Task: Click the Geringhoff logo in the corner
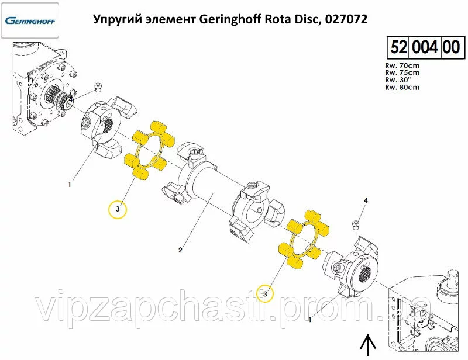click(x=30, y=20)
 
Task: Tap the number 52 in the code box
click(x=399, y=47)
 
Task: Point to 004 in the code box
click(x=425, y=47)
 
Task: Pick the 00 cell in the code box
click(x=451, y=47)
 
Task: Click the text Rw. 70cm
click(x=402, y=65)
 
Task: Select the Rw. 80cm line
click(x=402, y=88)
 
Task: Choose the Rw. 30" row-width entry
click(x=398, y=80)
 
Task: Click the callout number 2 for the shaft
click(x=180, y=250)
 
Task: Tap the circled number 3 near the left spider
click(x=118, y=209)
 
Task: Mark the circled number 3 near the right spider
click(x=265, y=294)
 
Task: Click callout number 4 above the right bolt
click(x=366, y=200)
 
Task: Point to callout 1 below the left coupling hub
click(x=70, y=184)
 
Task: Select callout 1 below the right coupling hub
click(x=310, y=320)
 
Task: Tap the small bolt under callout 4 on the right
click(x=356, y=224)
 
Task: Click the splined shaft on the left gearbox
click(x=57, y=95)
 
